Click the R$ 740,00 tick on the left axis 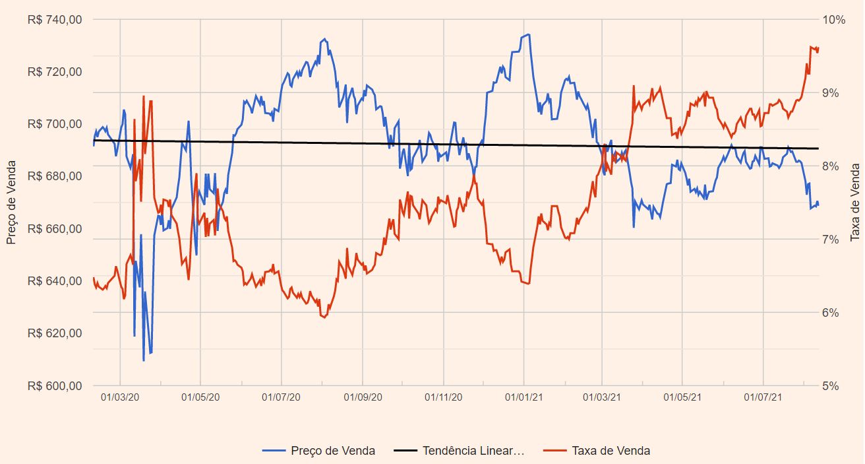pos(55,20)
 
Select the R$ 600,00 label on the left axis pos(55,385)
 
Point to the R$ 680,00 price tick pos(55,176)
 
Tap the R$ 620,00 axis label pos(55,333)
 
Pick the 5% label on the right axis pos(831,385)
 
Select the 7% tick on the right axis pos(831,239)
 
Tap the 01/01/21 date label pos(524,397)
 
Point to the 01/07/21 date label pos(763,397)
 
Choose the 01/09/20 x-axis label pos(363,397)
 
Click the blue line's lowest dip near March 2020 pos(144,360)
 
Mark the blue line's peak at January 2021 pos(528,34)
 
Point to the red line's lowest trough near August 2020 pos(324,317)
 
